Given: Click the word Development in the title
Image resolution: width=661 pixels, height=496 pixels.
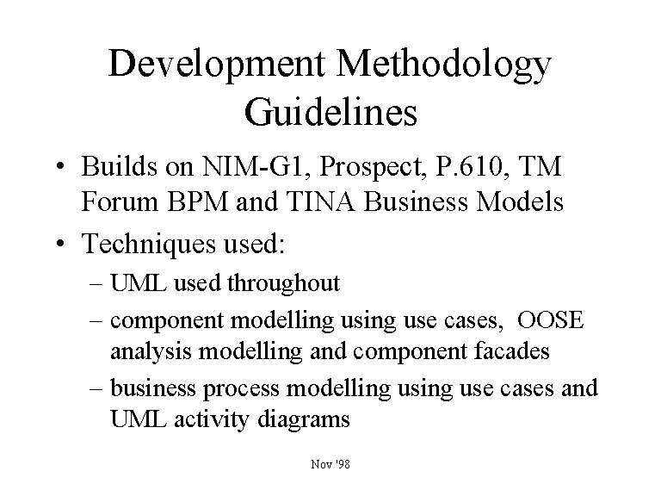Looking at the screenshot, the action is [x=217, y=64].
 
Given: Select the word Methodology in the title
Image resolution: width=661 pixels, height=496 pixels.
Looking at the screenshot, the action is [x=444, y=64].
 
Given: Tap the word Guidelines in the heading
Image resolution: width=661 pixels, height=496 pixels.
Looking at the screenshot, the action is [x=330, y=112].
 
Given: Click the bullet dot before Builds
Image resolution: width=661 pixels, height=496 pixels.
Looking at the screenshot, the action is [x=61, y=165].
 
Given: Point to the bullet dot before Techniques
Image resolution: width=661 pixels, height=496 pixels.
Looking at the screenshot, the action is [x=61, y=243].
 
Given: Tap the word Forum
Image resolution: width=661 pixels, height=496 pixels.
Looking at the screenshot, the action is [x=120, y=201].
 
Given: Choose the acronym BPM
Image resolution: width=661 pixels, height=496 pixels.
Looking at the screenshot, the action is [x=198, y=201].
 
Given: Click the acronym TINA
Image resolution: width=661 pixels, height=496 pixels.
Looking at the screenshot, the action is [x=321, y=201].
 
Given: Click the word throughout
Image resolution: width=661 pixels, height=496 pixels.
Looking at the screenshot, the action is [x=284, y=283].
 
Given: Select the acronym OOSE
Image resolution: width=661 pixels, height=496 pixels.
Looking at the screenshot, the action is [x=550, y=319].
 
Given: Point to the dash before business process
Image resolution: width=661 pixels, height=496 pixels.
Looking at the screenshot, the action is [x=96, y=389].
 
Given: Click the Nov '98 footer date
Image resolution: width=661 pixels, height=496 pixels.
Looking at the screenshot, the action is [x=330, y=464].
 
